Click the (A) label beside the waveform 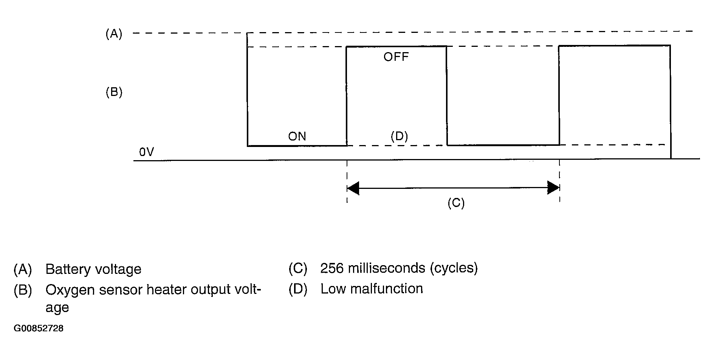click(114, 34)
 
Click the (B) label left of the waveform click(114, 92)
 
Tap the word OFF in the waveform click(396, 57)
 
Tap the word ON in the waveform click(297, 136)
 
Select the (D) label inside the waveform click(399, 136)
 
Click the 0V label click(146, 152)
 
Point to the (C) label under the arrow click(456, 203)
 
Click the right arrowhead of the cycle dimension click(553, 188)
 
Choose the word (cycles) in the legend click(454, 268)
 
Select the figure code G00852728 click(39, 328)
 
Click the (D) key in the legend click(298, 289)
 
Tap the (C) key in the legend click(298, 269)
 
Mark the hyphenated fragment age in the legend click(57, 308)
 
